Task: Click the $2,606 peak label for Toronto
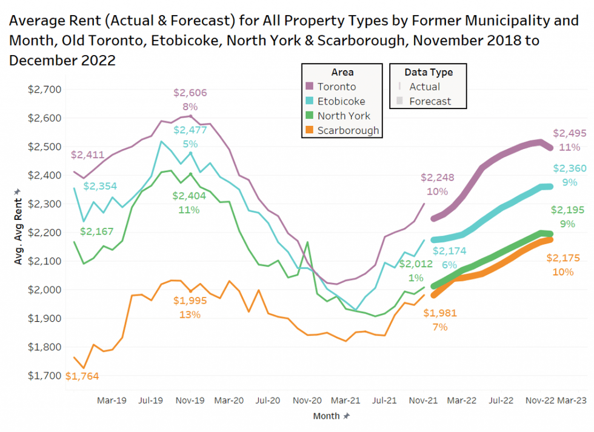pos(190,93)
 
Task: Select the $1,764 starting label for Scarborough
pos(82,376)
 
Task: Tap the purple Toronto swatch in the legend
pos(310,87)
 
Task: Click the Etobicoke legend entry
pos(341,101)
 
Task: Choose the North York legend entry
pos(343,116)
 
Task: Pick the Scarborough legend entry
pos(348,130)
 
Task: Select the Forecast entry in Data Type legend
pos(430,101)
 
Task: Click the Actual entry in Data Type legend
pos(424,87)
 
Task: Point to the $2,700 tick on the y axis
pos(45,90)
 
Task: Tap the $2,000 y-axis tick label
pos(45,290)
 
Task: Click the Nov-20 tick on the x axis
pos(306,400)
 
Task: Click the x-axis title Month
pos(327,416)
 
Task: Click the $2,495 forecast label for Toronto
pos(569,133)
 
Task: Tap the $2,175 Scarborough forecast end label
pos(563,258)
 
